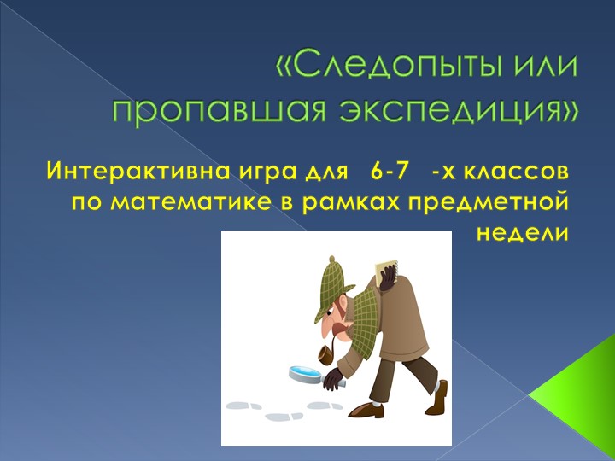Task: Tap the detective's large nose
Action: click(338, 328)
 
